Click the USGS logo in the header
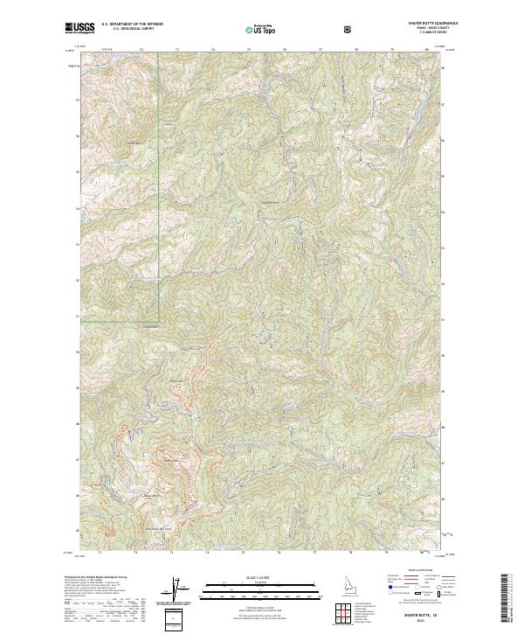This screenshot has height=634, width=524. (x=79, y=29)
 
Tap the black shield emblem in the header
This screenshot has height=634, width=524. (x=349, y=30)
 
